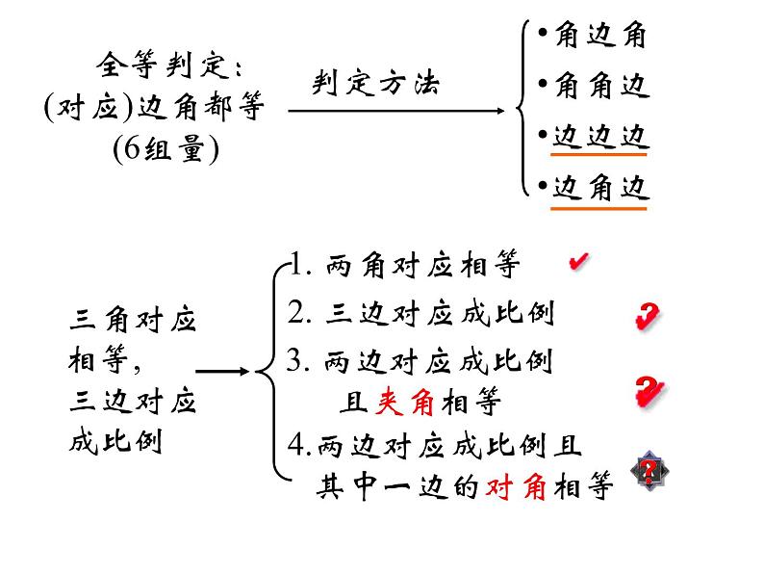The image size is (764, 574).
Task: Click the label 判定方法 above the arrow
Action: click(x=375, y=84)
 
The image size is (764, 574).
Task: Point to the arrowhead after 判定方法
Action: click(x=499, y=111)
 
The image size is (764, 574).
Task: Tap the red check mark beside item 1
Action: click(x=579, y=261)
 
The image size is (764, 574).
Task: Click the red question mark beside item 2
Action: click(x=647, y=316)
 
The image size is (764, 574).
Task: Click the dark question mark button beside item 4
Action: click(x=649, y=471)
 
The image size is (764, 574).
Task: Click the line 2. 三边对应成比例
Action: click(x=421, y=314)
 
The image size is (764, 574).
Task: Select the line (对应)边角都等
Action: click(x=153, y=109)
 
